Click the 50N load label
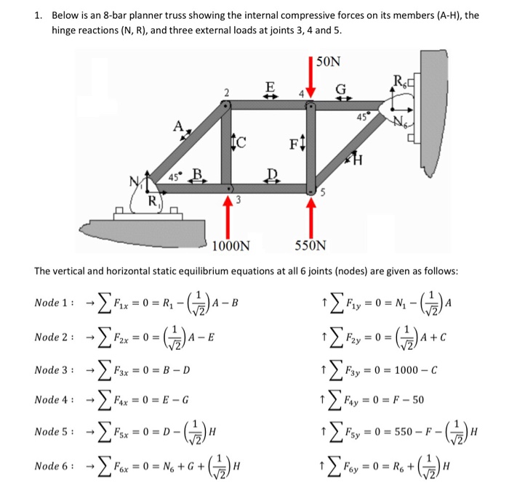pyautogui.click(x=329, y=62)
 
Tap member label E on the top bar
pyautogui.click(x=270, y=87)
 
